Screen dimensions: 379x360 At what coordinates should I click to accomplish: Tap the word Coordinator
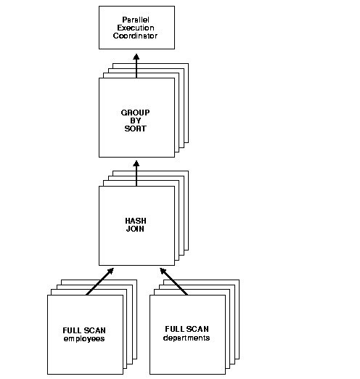pos(136,35)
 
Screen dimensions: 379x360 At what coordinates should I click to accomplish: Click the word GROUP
pos(136,113)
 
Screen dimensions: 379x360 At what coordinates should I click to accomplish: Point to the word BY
pos(136,121)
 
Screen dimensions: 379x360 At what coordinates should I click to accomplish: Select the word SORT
pos(136,129)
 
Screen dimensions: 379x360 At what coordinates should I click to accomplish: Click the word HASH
pos(136,220)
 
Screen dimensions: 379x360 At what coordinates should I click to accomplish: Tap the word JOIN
pos(136,229)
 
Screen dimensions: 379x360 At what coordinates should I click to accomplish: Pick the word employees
pos(84,338)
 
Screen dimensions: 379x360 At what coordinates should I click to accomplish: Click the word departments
pos(187,338)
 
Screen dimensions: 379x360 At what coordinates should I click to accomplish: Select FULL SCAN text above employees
pos(84,330)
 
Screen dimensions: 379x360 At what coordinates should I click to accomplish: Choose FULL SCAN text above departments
pos(187,329)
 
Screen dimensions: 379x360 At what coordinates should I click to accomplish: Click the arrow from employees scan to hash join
pos(100,281)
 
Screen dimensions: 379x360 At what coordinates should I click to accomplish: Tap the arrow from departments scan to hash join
pos(173,281)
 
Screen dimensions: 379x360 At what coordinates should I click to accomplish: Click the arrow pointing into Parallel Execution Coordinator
pos(136,64)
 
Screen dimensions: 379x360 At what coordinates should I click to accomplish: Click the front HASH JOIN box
pos(136,247)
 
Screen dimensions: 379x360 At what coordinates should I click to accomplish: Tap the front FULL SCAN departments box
pos(187,356)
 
